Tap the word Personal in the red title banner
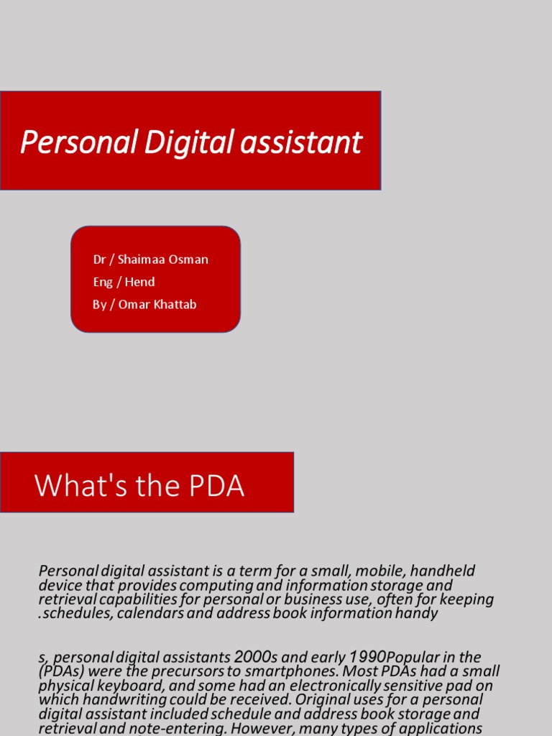pyautogui.click(x=78, y=142)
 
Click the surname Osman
pyautogui.click(x=189, y=259)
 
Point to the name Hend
pyautogui.click(x=140, y=282)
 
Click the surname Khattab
pyautogui.click(x=175, y=304)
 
